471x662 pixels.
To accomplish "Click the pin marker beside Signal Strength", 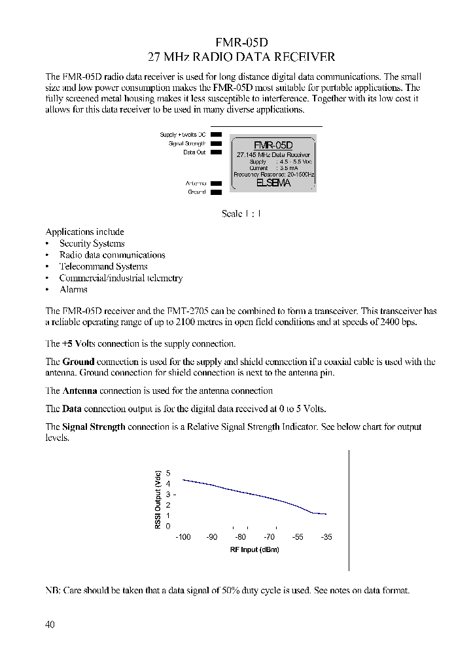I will (x=216, y=143).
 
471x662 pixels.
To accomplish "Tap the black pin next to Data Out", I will (x=216, y=152).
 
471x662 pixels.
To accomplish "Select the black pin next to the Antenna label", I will (x=216, y=184).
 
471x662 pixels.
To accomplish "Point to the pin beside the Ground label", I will (x=216, y=192).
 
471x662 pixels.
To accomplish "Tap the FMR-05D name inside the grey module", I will (x=274, y=145).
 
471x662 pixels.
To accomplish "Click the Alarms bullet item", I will (x=73, y=290).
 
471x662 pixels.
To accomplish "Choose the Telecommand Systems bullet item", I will (x=103, y=267).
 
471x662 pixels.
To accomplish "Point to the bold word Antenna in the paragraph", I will (x=80, y=391).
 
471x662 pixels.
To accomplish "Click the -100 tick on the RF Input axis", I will (x=183, y=537).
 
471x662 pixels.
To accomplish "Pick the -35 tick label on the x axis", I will (x=326, y=537).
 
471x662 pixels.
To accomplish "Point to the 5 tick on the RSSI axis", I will (x=168, y=473).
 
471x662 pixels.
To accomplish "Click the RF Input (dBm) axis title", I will (x=254, y=549).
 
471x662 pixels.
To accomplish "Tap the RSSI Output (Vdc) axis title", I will (x=158, y=500).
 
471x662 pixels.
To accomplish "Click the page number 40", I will (x=50, y=625).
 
